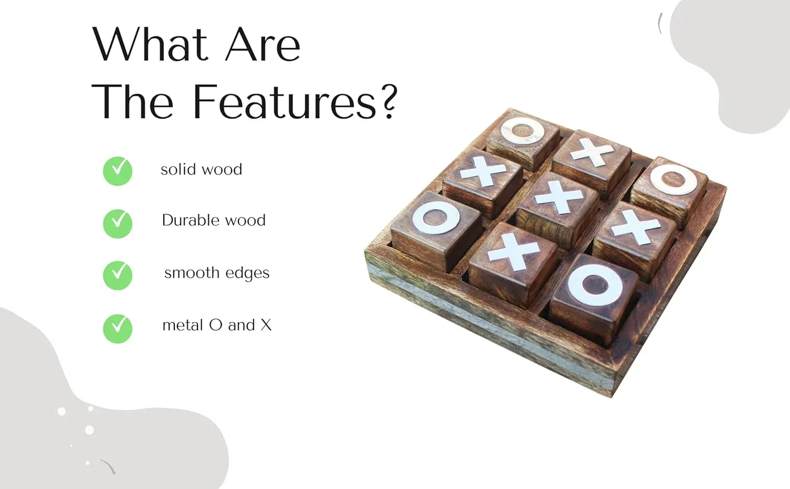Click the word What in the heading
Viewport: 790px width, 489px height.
150,44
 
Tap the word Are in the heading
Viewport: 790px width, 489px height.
263,45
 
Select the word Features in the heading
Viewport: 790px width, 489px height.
284,102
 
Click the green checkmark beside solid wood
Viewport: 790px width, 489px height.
117,171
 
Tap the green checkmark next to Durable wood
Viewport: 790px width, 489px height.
117,223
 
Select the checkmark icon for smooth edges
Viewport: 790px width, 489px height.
117,275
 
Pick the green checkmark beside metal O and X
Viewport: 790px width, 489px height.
117,328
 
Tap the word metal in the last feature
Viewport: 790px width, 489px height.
183,325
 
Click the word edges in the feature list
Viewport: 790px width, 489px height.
248,273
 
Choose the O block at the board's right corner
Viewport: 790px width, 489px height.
670,191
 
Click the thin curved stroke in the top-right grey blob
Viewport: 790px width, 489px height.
659,23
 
